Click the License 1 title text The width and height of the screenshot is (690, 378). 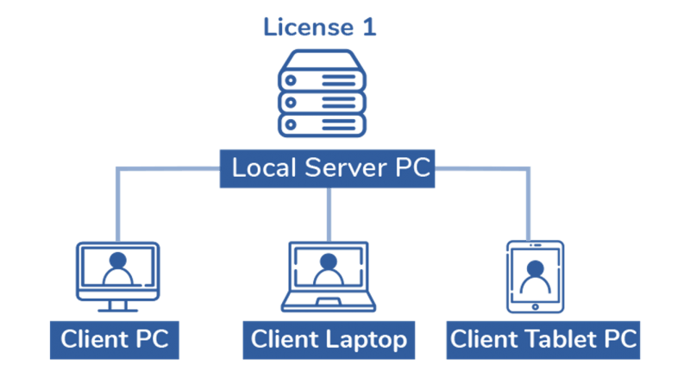click(319, 27)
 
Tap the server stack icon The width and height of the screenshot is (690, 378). click(322, 93)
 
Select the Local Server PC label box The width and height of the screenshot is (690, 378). click(327, 169)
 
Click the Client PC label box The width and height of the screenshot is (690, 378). click(115, 340)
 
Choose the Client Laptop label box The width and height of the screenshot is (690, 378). click(329, 340)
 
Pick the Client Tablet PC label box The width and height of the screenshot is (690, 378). click(543, 340)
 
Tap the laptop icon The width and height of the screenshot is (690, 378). click(329, 277)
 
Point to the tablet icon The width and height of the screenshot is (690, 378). click(535, 277)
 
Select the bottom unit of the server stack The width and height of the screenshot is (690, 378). click(322, 125)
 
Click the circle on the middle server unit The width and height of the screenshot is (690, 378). click(291, 103)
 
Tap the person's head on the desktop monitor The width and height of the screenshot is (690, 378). click(118, 261)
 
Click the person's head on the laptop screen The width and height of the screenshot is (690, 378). click(329, 261)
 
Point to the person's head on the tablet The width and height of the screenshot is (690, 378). click(535, 268)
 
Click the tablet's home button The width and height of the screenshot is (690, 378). click(535, 307)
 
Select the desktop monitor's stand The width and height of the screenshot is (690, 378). click(118, 306)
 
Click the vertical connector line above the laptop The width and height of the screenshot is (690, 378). click(329, 215)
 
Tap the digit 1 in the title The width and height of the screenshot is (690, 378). click(369, 28)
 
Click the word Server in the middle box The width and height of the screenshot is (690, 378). click(346, 167)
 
